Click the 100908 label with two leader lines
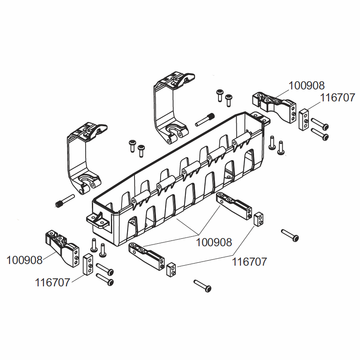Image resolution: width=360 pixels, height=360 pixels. coord(214,242)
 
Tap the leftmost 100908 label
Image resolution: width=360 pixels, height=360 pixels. coord(24,260)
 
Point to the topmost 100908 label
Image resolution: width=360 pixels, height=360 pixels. coord(306,86)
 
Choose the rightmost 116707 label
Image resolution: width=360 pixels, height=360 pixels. coord(337,98)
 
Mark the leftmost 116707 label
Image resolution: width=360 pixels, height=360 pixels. coord(53,283)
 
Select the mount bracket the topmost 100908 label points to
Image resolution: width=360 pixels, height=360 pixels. coord(273,105)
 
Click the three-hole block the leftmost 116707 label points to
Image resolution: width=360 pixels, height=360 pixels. coord(89,265)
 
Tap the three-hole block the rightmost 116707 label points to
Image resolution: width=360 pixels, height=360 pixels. coord(304,120)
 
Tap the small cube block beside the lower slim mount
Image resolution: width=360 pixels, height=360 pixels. coord(171,270)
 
